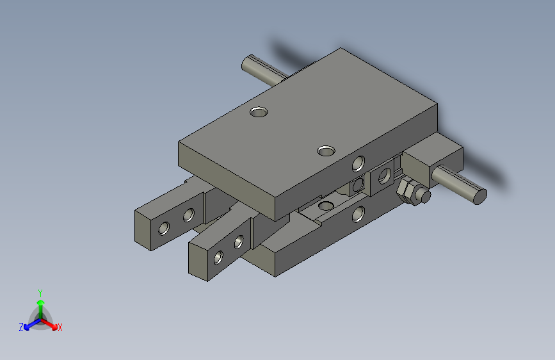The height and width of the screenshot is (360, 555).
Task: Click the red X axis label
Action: pos(60,328)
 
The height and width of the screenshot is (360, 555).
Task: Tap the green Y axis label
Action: pos(40,291)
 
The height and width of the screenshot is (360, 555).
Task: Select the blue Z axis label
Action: pos(21,327)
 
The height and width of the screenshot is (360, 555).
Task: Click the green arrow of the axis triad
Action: pos(40,304)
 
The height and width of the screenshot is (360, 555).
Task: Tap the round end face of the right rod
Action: pos(479,196)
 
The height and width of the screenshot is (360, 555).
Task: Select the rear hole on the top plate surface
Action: pos(259,112)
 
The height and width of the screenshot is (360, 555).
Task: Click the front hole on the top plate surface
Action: pos(326,151)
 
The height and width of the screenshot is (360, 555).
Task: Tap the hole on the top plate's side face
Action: pos(359,164)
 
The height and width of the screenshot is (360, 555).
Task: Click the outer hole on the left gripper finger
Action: pos(165,227)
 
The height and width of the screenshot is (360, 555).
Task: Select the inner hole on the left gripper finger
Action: pos(188,215)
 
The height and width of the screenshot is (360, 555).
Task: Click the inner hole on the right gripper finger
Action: pos(239,242)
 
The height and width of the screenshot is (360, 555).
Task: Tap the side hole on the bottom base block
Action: pos(358,215)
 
